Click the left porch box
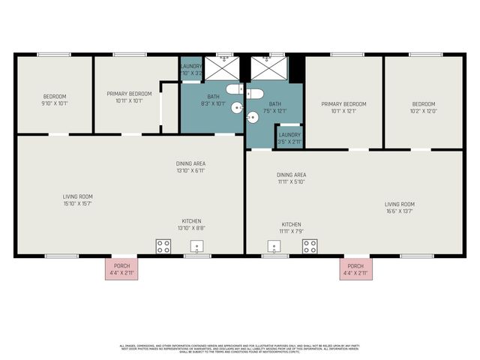coord(121,269)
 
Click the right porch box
coord(355,269)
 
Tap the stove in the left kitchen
coord(163,246)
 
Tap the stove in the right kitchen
coord(309,246)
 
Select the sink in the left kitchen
coord(198,247)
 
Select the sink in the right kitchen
coord(274,247)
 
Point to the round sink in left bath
coord(237,108)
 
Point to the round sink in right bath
coord(253,116)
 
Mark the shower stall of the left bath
coord(223,69)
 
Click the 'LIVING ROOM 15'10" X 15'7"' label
coord(78,200)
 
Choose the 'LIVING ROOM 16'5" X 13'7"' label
coord(399,208)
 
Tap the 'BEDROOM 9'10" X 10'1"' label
coord(55,100)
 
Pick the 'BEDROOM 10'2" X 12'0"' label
coord(424,108)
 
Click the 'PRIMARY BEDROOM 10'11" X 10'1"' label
coord(129,97)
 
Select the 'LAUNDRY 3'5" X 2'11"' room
coord(289,137)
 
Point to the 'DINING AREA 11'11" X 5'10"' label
coord(292,178)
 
